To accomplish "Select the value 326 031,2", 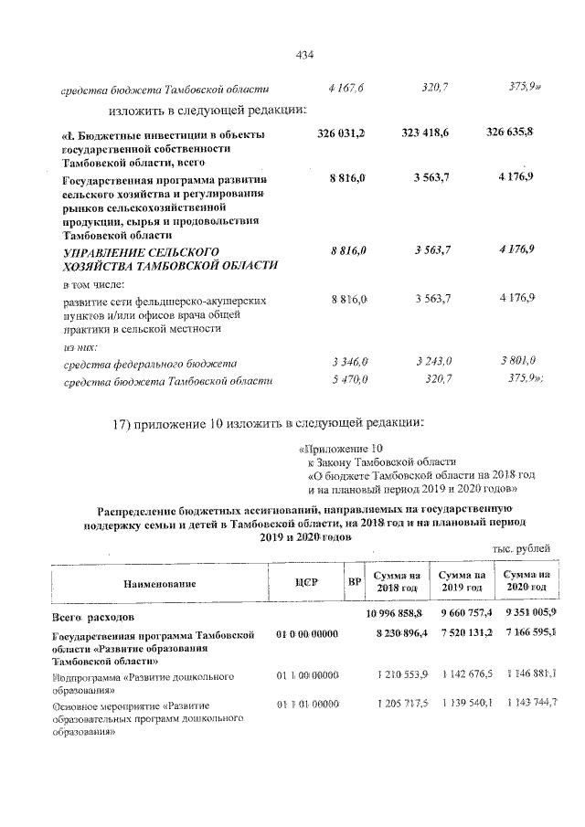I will coord(341,134).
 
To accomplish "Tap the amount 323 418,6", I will coord(425,134).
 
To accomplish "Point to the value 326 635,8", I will coord(510,134).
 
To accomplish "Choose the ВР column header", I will coord(353,582).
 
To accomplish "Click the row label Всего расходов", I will coord(94,617).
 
